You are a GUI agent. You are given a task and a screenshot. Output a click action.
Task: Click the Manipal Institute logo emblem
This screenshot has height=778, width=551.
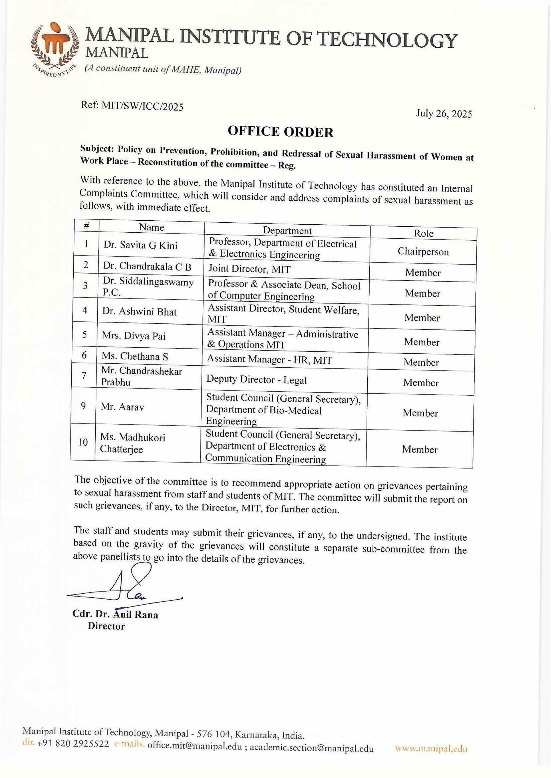[54, 47]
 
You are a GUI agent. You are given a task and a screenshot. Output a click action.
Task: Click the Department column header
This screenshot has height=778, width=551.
[287, 231]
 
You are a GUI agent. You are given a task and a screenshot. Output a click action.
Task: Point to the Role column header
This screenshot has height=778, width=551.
[423, 233]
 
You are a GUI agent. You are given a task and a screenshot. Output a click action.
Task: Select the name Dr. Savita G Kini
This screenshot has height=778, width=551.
[140, 245]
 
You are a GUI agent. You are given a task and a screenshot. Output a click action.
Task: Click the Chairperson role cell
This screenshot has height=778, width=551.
[423, 252]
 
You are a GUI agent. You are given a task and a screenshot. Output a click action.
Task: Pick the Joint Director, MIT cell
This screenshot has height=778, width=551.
[249, 269]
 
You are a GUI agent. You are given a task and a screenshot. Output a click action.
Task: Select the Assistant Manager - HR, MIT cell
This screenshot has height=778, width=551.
[269, 359]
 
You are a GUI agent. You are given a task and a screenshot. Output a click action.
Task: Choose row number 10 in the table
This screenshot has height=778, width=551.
[83, 442]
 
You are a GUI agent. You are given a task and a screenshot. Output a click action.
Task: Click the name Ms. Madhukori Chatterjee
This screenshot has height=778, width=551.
[132, 443]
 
